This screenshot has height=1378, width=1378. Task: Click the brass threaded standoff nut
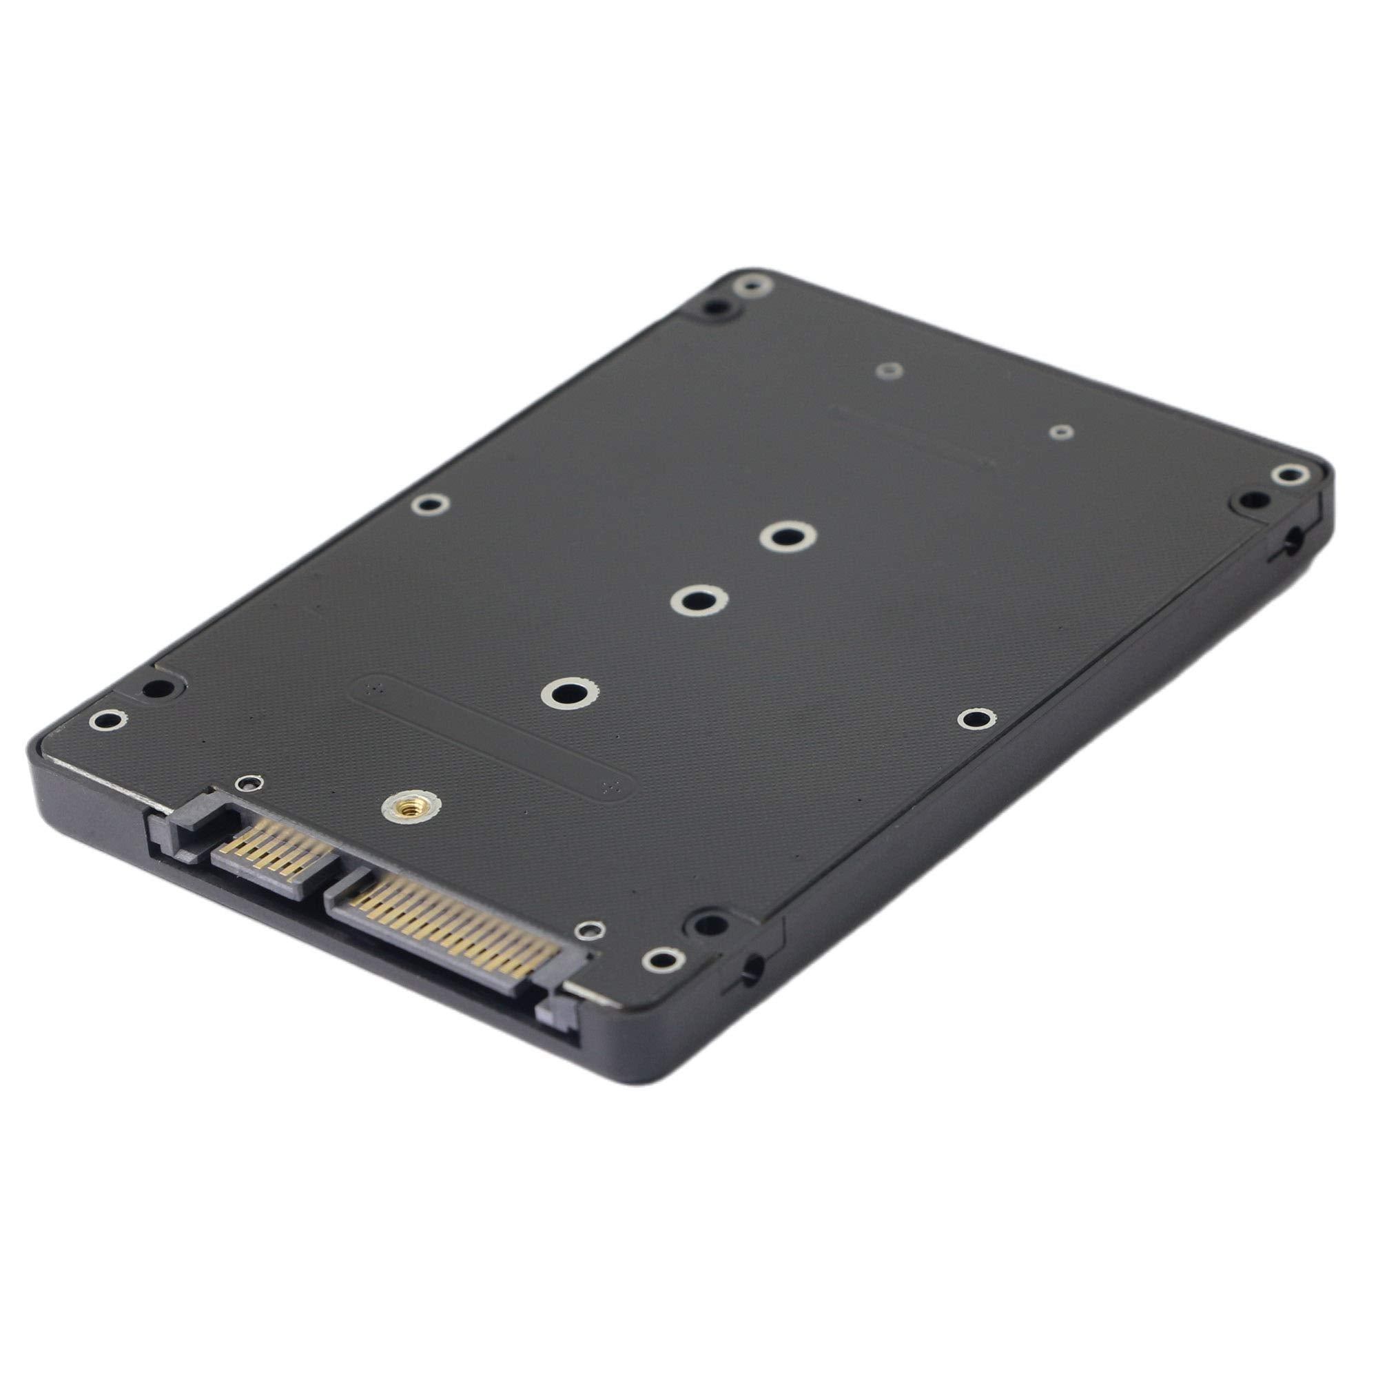point(402,807)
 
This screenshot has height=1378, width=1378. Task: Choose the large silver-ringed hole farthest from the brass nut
point(787,535)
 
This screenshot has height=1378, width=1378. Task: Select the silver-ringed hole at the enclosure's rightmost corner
point(1290,473)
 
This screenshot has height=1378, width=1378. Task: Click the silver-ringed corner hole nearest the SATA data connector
point(107,721)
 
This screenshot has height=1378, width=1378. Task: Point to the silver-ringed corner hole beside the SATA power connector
point(664,959)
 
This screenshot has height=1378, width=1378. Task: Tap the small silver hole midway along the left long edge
point(430,504)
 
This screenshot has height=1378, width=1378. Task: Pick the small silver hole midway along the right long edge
point(974,719)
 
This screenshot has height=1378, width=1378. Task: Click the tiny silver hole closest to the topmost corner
point(889,370)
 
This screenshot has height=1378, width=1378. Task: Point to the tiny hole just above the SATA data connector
point(247,783)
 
